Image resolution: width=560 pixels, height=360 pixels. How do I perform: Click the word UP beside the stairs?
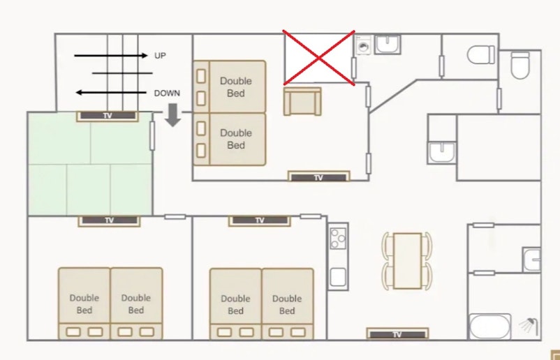(160, 56)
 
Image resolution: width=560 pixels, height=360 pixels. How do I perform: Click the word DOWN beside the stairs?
(167, 93)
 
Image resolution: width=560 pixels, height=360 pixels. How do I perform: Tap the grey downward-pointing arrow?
(173, 115)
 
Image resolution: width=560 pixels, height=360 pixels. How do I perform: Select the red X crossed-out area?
(319, 58)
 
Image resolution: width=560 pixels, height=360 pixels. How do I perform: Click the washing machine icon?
(364, 45)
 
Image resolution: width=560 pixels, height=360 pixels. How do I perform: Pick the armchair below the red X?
(302, 101)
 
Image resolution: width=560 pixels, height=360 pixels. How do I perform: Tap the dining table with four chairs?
(407, 261)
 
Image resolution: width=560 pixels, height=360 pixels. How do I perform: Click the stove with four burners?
(338, 239)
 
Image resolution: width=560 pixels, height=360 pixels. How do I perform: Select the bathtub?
(489, 326)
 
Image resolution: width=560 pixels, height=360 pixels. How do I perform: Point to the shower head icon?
(529, 325)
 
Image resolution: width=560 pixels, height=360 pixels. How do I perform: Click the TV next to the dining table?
(397, 334)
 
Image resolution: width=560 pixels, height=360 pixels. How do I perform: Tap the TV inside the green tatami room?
(108, 116)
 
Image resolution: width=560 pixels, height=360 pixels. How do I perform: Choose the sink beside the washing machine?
(388, 44)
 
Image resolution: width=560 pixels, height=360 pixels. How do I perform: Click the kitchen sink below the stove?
(338, 277)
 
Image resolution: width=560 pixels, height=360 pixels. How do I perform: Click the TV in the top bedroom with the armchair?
(318, 177)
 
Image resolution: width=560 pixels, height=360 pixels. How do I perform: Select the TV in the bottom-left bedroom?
(110, 221)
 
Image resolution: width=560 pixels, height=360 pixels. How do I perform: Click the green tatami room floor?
(90, 164)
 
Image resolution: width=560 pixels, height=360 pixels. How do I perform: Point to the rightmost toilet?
(520, 65)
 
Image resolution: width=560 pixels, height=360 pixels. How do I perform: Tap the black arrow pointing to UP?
(111, 55)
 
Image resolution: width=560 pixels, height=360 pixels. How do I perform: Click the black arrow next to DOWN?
(112, 93)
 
